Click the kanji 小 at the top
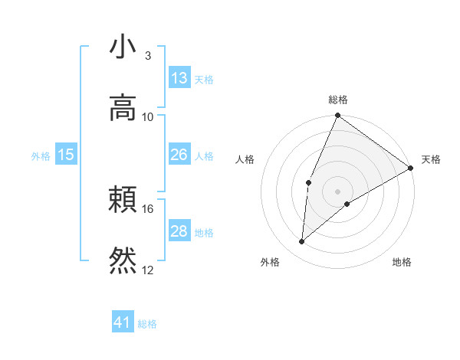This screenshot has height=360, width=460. pos(123,47)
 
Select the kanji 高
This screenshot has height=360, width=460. pos(123,107)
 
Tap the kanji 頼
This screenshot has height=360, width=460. pos(123,201)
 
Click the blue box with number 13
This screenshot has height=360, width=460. pos(179,78)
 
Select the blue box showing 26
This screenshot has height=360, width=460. pos(179,155)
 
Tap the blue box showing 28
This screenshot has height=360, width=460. pos(179,231)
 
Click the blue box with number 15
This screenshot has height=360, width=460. pos(66,155)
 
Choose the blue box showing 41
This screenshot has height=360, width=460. pos(123,322)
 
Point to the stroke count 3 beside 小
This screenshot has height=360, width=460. pos(148,56)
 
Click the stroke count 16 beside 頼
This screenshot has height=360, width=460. pos(148,208)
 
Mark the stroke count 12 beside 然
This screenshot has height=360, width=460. pos(148,269)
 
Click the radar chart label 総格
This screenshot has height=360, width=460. pos(338,100)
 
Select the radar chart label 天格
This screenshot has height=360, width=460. pos(431,159)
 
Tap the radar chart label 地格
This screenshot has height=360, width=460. pos(402,262)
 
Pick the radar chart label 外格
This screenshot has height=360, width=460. pos(270,262)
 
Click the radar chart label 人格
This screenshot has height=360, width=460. pos(245,159)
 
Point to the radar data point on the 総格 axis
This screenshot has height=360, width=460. pos(337,116)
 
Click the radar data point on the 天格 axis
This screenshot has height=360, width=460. pos(411,168)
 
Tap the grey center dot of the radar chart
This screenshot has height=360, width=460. pos(337,191)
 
